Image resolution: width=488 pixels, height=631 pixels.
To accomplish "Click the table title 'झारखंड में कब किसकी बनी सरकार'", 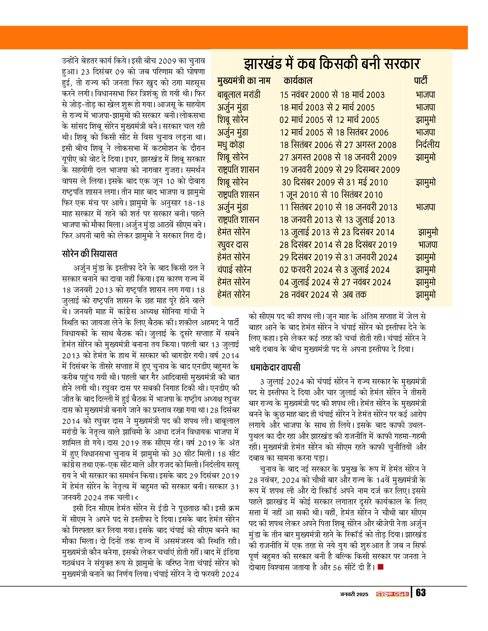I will tap(332, 64).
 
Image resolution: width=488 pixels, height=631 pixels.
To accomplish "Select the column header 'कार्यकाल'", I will tap(298, 81).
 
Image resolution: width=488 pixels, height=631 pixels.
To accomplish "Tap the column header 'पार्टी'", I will tap(420, 81).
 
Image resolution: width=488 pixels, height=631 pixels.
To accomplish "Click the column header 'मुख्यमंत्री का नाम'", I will tap(244, 81).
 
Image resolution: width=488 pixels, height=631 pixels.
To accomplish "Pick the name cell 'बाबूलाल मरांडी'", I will tap(239, 95).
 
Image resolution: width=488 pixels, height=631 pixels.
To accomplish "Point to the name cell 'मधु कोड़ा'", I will tap(231, 145).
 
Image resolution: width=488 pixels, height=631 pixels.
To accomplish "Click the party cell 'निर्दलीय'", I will tap(427, 145).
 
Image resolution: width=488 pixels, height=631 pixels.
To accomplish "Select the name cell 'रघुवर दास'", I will tap(233, 245).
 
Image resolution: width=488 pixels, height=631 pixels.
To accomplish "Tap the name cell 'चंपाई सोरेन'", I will tap(234, 270).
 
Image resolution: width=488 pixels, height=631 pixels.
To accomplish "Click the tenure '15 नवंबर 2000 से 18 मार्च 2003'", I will tap(332, 95).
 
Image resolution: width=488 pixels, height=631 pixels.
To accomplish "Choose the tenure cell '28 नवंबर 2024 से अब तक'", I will tap(323, 295).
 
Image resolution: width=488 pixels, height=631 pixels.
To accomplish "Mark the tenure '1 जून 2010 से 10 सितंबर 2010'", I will tap(331, 195).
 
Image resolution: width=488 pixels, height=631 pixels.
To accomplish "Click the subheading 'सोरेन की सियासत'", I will tap(90, 254).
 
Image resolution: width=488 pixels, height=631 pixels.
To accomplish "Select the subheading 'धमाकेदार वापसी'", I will tap(275, 367).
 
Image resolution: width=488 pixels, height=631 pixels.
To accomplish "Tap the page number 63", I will tap(421, 593).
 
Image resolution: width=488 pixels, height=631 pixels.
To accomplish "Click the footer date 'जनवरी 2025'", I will tap(354, 594).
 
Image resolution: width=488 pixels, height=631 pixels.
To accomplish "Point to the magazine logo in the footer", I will tap(392, 594).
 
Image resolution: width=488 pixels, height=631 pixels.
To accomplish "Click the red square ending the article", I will tap(380, 567).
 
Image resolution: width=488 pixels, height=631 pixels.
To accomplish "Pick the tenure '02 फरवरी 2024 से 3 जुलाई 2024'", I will tap(334, 270).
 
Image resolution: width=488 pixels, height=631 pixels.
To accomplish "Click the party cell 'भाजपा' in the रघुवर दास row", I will tap(428, 245).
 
